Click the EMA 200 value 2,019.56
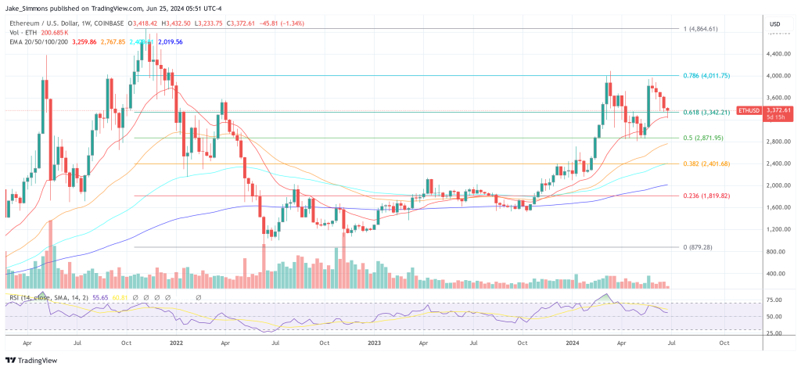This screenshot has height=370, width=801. click(x=170, y=41)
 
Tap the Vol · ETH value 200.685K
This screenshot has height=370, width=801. click(x=56, y=33)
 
